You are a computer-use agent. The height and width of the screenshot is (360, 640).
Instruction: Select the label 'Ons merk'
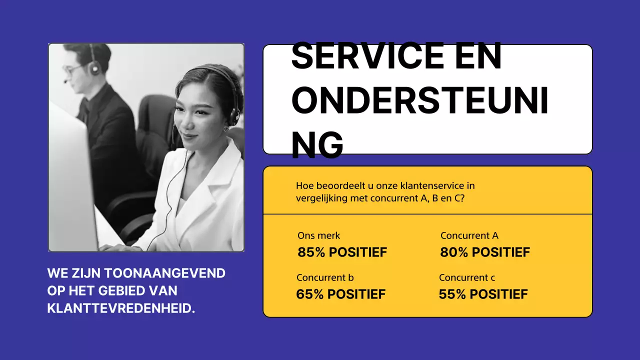tap(318, 235)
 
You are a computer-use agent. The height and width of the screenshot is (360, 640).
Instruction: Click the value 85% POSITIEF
tap(342, 252)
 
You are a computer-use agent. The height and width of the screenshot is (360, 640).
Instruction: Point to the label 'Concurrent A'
tap(469, 235)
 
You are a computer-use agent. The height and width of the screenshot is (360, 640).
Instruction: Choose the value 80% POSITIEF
tap(484, 252)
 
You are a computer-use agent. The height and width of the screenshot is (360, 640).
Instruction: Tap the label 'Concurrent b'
tap(325, 277)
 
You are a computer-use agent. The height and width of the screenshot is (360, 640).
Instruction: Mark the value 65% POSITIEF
tap(340, 294)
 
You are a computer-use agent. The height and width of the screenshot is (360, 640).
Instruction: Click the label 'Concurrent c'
tap(467, 277)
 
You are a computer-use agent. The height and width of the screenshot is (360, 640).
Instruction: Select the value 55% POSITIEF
tap(483, 294)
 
